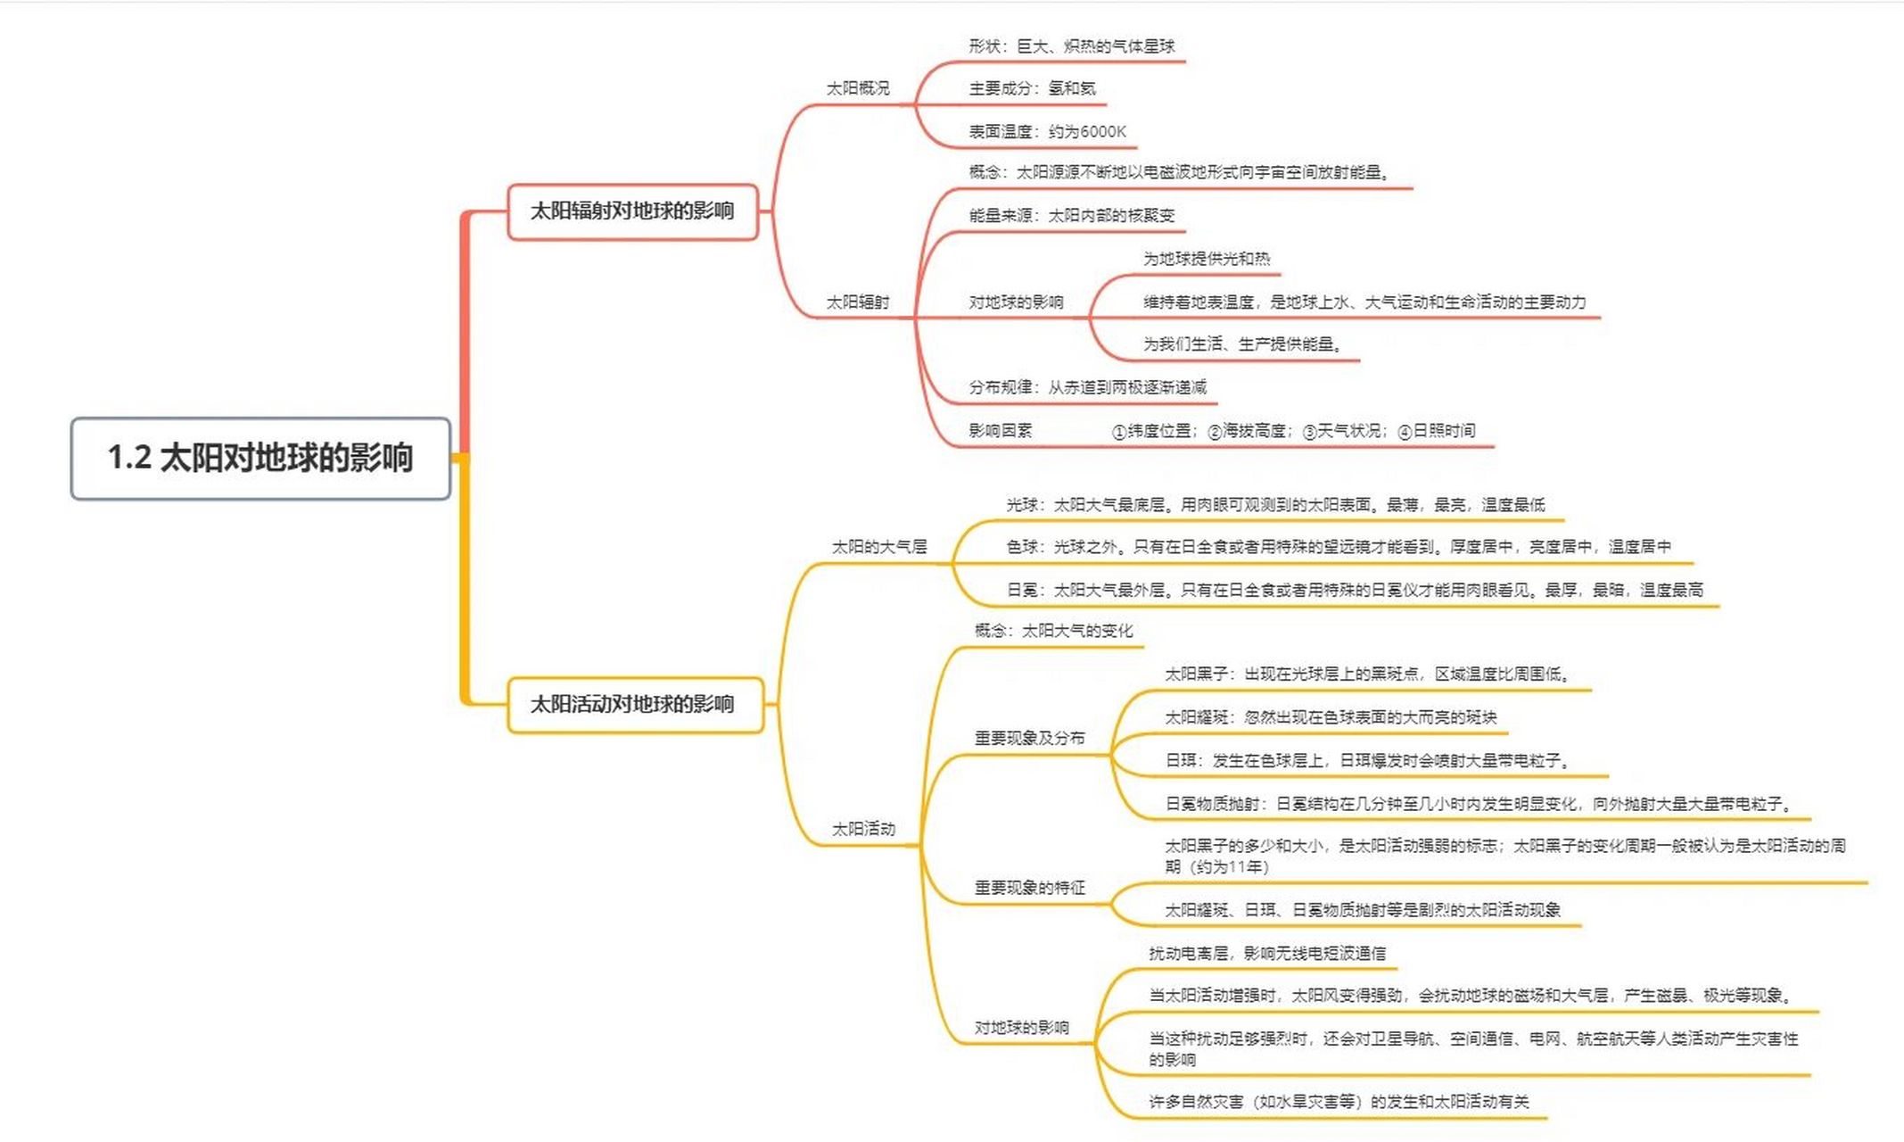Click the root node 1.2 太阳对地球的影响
(x=260, y=458)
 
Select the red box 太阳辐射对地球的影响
(x=632, y=211)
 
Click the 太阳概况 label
(x=857, y=88)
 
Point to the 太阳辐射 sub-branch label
(x=857, y=302)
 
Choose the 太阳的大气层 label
(x=878, y=547)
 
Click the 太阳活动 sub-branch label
(x=862, y=829)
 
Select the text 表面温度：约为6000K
(x=1047, y=132)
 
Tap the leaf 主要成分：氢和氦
(x=1032, y=88)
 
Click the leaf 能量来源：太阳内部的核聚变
(x=1071, y=216)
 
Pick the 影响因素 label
(x=1000, y=431)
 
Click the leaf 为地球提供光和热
(x=1206, y=259)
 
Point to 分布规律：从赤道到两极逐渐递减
(x=1087, y=387)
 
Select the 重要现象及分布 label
(x=1029, y=738)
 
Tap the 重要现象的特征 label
(x=1029, y=888)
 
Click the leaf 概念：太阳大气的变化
(x=1053, y=631)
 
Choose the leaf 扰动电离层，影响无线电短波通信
(x=1266, y=954)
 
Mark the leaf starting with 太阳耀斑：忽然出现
(x=1330, y=717)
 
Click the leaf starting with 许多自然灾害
(x=1338, y=1102)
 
